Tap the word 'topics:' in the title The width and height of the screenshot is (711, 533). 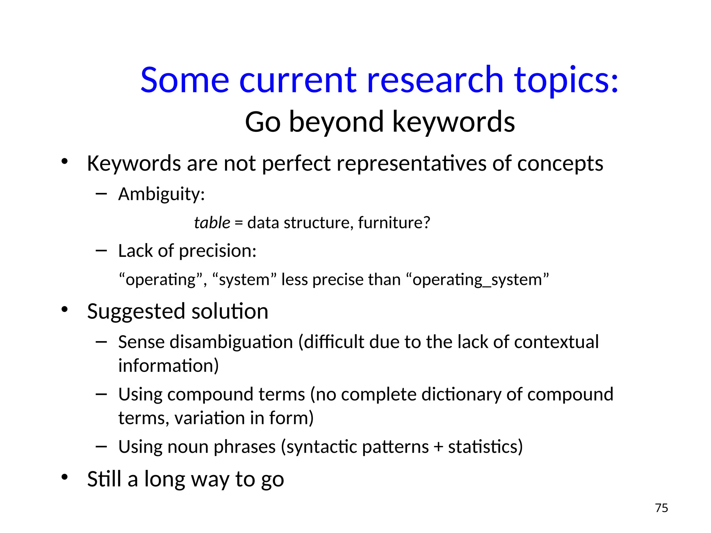pyautogui.click(x=566, y=81)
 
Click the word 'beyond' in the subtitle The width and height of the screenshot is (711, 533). pyautogui.click(x=336, y=122)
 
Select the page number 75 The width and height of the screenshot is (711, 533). pyautogui.click(x=661, y=508)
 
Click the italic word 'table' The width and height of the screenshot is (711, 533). pyautogui.click(x=212, y=222)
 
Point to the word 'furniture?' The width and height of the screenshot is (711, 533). pyautogui.click(x=394, y=222)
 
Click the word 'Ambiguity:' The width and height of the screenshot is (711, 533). pyautogui.click(x=161, y=194)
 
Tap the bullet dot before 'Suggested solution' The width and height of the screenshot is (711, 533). pyautogui.click(x=65, y=310)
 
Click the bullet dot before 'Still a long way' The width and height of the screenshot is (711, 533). pyautogui.click(x=65, y=477)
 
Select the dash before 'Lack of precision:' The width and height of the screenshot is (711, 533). pyautogui.click(x=101, y=250)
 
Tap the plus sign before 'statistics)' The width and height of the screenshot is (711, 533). pyautogui.click(x=438, y=447)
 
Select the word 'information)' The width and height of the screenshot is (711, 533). pyautogui.click(x=168, y=366)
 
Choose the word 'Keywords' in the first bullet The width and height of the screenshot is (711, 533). pyautogui.click(x=134, y=163)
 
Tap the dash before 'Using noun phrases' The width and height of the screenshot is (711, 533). pyautogui.click(x=101, y=446)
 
